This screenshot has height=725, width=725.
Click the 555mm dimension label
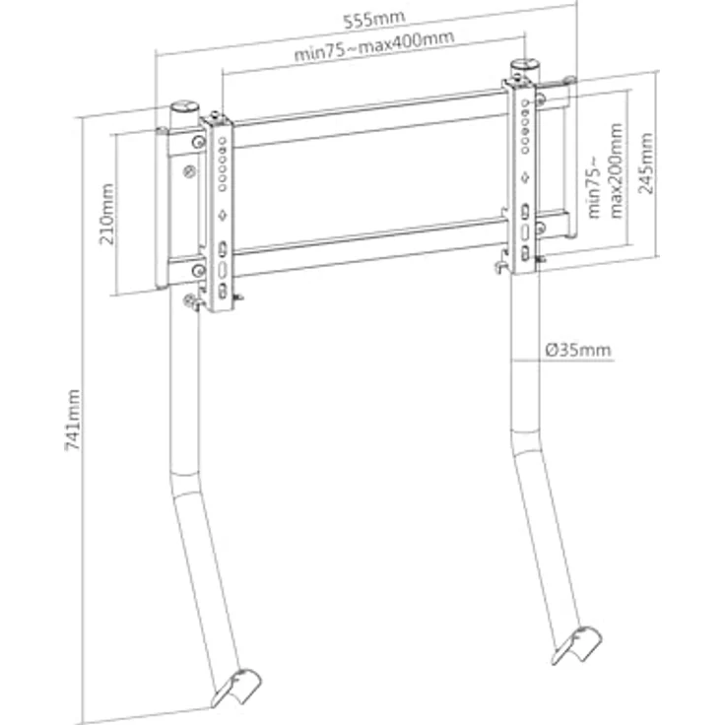point(374,20)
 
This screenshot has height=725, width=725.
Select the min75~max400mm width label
point(374,45)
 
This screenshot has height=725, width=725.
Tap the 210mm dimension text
point(107,214)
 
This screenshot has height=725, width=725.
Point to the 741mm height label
point(73,420)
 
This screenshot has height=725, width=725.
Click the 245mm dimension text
point(645,164)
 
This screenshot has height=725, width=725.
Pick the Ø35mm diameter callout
point(578,350)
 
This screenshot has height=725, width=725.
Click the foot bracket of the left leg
point(236,688)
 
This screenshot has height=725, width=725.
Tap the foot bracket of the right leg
point(576,645)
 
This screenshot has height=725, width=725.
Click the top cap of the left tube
point(184,106)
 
